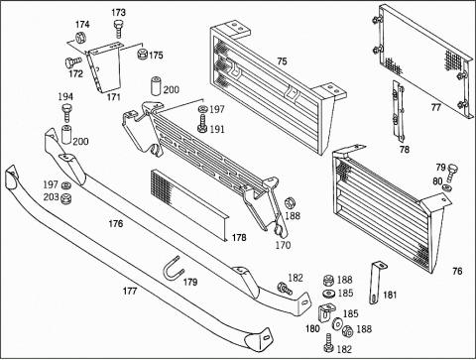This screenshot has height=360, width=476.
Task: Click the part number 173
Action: coord(118,13)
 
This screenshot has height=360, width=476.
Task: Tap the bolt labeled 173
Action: coord(118,30)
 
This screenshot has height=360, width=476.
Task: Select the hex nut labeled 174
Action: coord(80,37)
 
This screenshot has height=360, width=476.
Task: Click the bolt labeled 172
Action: coord(72,62)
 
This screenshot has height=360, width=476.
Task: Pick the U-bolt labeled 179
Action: coord(174,268)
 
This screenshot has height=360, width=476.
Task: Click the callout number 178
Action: coord(239,237)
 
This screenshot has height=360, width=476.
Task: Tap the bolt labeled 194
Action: coord(66,113)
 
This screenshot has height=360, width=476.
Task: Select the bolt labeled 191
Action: coord(202,124)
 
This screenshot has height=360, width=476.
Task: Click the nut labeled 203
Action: coord(67,198)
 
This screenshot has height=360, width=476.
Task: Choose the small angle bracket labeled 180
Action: coord(326,312)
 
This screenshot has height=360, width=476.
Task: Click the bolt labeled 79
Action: coord(452,174)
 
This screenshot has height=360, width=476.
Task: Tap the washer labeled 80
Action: coord(447,188)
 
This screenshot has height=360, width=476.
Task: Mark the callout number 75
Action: coord(282,61)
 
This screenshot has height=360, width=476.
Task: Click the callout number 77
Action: coord(435,108)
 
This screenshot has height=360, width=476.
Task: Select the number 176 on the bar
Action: coord(116,224)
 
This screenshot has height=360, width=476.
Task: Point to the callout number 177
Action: coord(130,291)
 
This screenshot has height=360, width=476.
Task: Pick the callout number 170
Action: coord(283,245)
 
